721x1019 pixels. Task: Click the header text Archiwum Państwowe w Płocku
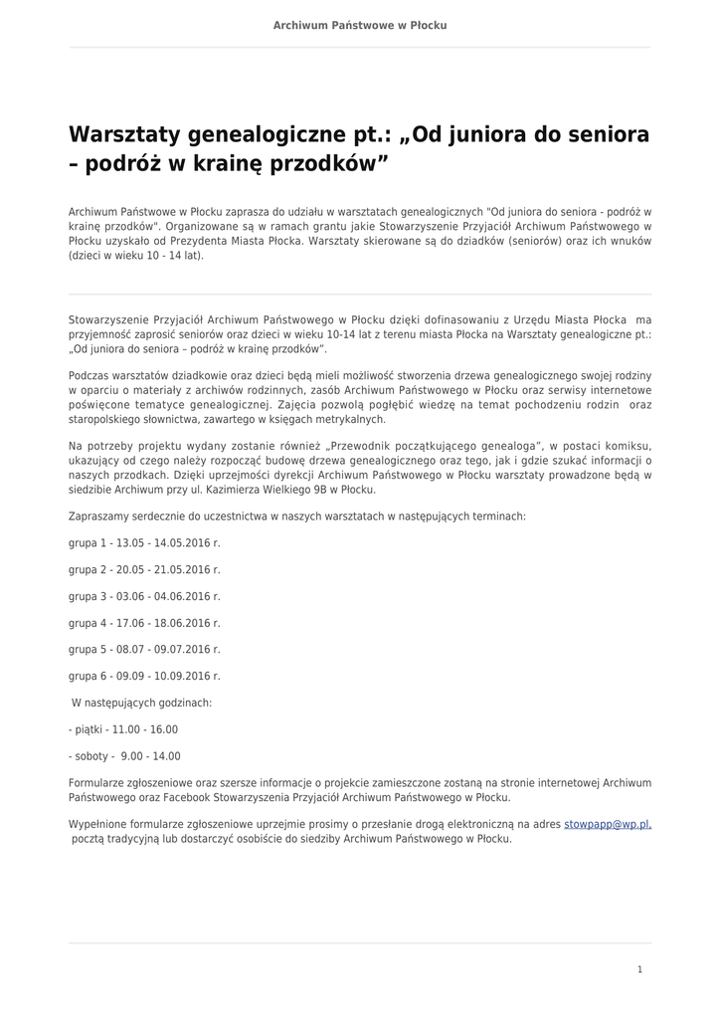point(360,25)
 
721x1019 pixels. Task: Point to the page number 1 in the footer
point(639,969)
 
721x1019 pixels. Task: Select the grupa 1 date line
point(144,543)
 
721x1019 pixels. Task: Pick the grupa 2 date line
point(144,570)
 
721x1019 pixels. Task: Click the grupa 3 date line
point(144,596)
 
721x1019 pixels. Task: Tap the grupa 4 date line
point(144,623)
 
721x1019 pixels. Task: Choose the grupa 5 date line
point(144,649)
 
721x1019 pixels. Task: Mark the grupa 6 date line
point(144,676)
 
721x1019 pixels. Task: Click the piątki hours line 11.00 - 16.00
point(123,729)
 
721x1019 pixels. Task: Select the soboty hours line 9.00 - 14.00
point(124,756)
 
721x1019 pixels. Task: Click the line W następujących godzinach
point(141,703)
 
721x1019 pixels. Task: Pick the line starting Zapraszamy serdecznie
point(297,516)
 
